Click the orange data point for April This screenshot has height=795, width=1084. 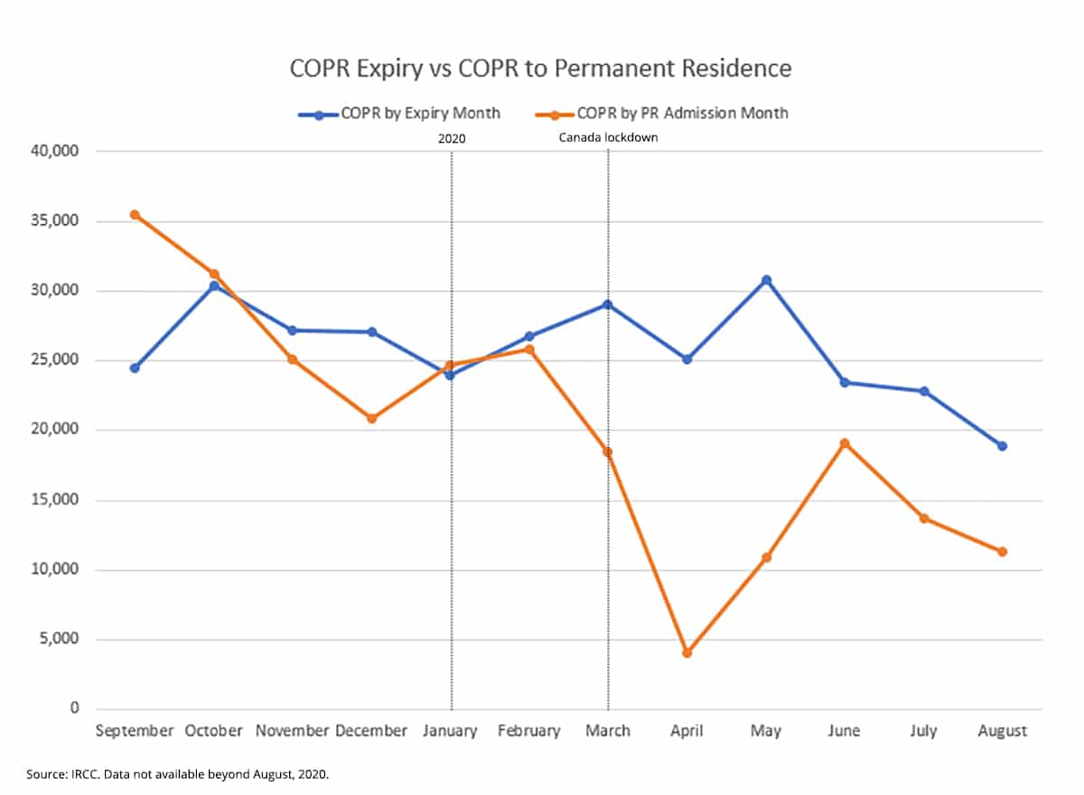(687, 652)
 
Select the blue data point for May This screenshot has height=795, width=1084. (766, 280)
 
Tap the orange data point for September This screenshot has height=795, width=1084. (135, 215)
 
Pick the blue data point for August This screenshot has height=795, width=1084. (1002, 445)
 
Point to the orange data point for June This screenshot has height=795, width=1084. (845, 444)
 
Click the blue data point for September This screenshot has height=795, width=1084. (135, 368)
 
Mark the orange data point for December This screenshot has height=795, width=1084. (371, 418)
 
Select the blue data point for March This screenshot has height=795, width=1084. (608, 304)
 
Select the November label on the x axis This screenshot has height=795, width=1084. (292, 731)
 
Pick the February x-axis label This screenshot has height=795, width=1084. (528, 731)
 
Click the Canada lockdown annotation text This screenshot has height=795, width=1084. (608, 137)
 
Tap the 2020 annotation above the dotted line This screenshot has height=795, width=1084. (451, 137)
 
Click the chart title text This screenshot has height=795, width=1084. (540, 68)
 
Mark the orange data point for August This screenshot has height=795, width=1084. (1002, 551)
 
